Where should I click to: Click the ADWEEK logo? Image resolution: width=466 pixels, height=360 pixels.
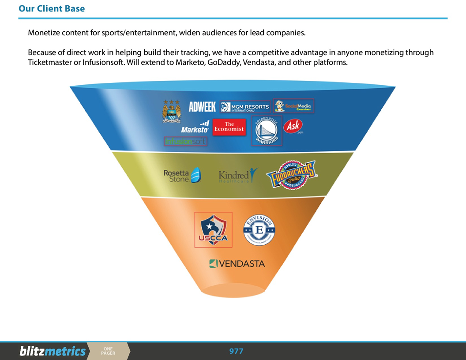(202, 106)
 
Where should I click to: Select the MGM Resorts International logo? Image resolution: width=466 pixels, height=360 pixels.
(245, 107)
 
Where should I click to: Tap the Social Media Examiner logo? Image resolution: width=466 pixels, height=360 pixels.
(293, 106)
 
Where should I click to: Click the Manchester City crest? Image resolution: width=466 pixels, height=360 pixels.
(172, 111)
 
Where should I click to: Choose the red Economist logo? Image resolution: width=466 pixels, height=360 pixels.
(229, 127)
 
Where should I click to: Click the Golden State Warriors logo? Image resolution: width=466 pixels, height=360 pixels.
(267, 131)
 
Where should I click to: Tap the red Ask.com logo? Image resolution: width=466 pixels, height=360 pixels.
(293, 127)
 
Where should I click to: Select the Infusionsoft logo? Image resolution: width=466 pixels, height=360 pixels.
(185, 142)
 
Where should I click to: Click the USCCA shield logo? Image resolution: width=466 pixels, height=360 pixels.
(214, 229)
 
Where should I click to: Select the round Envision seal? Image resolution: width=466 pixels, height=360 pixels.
(259, 230)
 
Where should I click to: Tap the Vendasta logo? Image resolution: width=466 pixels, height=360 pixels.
(237, 264)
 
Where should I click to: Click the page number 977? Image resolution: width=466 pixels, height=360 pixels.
(236, 351)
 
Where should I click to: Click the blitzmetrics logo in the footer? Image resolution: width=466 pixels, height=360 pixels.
(52, 351)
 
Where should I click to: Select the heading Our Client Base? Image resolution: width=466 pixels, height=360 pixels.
(52, 8)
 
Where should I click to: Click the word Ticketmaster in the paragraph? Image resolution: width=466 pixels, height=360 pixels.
(48, 62)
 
